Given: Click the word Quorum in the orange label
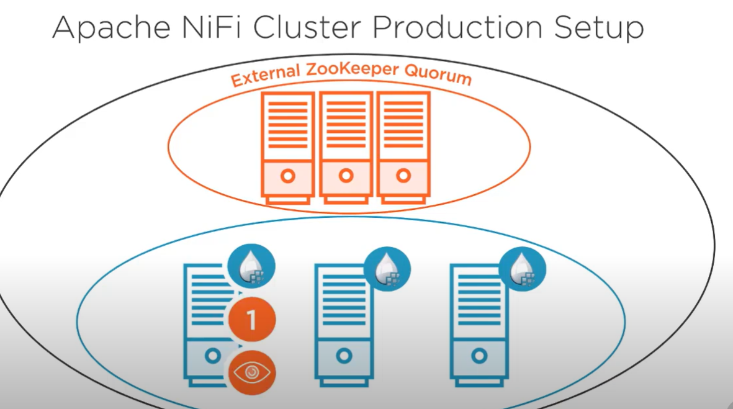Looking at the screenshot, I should (x=438, y=76).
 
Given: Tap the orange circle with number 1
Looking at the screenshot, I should (x=251, y=320).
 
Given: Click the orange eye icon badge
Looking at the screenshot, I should (x=251, y=372).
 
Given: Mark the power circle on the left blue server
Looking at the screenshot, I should (x=213, y=356).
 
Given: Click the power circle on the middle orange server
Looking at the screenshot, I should (x=346, y=176).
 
